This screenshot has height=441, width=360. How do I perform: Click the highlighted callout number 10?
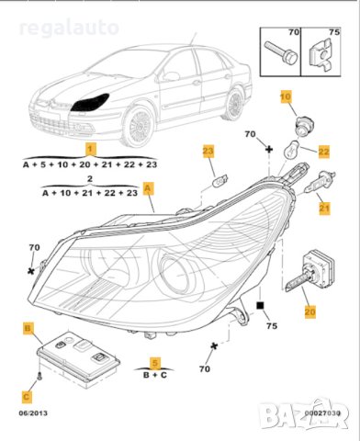[286, 96]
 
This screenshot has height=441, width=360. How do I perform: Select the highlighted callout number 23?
[208, 151]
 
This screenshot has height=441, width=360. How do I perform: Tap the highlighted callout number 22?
[323, 152]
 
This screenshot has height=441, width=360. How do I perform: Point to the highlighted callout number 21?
[324, 209]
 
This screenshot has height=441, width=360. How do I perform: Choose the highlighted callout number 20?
[309, 312]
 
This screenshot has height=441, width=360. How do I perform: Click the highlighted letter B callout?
[28, 329]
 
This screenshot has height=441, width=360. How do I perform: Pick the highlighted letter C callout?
[27, 397]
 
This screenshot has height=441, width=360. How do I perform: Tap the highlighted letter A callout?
[148, 188]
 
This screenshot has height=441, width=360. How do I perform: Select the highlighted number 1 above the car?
[90, 149]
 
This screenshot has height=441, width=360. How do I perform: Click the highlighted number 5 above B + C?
[155, 363]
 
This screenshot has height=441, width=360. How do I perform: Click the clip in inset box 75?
[320, 54]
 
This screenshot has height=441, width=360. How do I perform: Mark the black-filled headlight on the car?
[90, 102]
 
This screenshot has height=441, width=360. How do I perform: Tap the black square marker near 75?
[260, 305]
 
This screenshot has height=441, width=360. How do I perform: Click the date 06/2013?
[33, 413]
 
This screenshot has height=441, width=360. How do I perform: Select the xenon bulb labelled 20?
[309, 270]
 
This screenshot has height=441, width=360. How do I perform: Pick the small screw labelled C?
[39, 376]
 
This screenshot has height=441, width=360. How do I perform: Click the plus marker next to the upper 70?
[269, 150]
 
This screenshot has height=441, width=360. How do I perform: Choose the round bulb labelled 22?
[292, 149]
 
